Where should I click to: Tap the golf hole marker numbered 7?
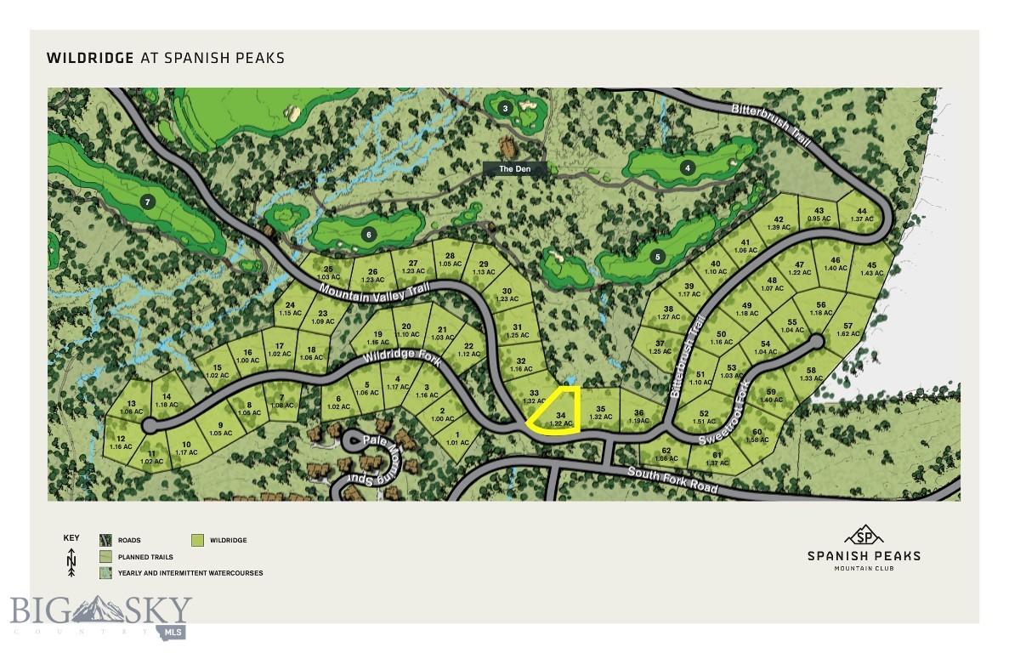(148, 202)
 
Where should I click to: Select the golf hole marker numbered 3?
(505, 108)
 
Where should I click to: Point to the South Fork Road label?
(672, 481)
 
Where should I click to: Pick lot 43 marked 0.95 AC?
(819, 215)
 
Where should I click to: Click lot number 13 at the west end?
(132, 407)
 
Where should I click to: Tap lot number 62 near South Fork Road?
(666, 454)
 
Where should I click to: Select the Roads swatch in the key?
(105, 540)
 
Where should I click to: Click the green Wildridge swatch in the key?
(197, 540)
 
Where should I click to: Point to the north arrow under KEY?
(72, 562)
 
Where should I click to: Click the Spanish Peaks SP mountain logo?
(864, 535)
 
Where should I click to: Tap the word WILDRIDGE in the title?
(90, 59)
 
